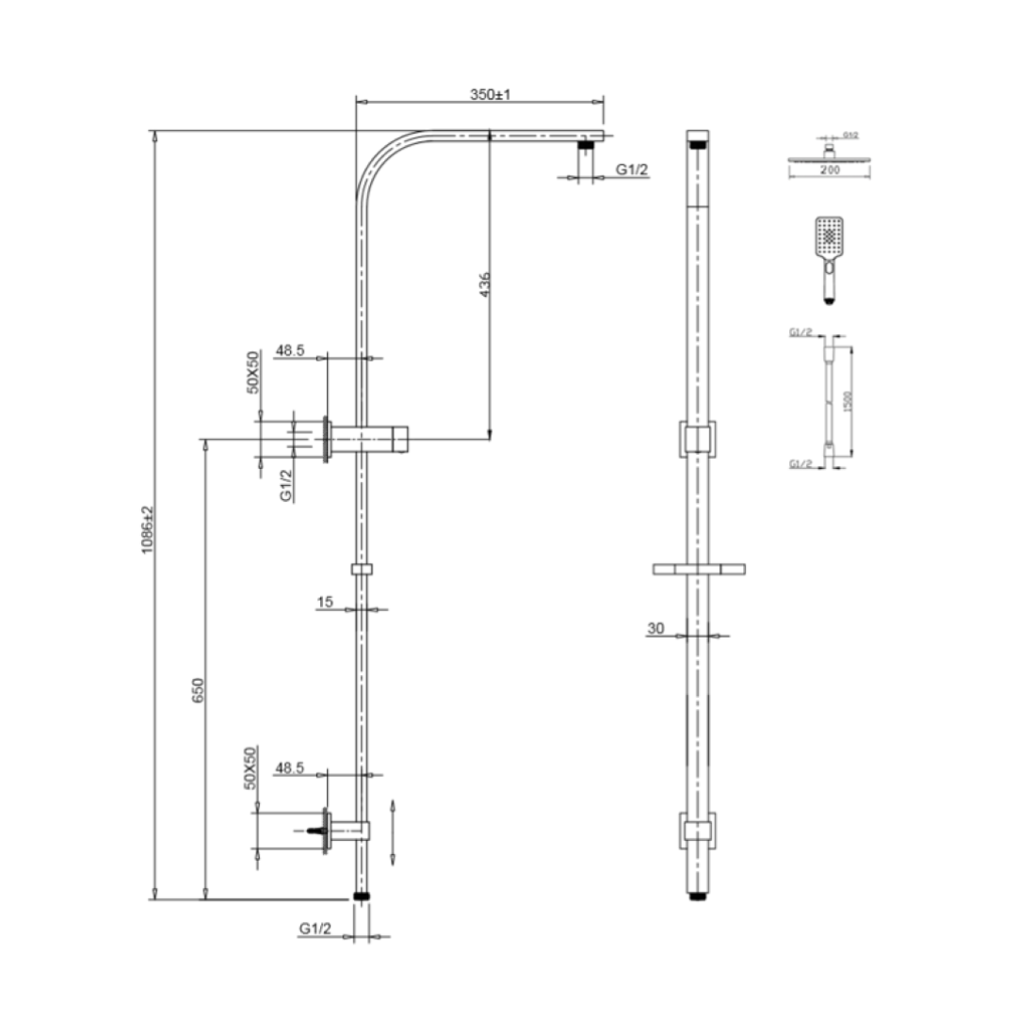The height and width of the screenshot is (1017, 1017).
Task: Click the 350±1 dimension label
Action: [x=490, y=95]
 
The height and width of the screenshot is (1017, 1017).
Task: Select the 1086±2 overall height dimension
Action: [x=146, y=529]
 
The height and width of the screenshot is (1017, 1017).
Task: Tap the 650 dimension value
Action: [x=197, y=689]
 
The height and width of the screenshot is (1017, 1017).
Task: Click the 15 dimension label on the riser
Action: [x=325, y=601]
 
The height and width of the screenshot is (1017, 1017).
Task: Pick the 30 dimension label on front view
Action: [x=655, y=627]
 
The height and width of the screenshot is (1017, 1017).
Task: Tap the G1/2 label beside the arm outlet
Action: [x=632, y=169]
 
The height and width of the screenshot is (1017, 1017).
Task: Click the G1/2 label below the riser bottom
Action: [x=315, y=928]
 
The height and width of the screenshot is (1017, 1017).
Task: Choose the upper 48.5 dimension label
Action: [x=289, y=350]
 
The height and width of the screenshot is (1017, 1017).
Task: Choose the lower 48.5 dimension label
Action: [x=288, y=767]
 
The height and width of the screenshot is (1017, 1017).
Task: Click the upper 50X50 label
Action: [x=252, y=372]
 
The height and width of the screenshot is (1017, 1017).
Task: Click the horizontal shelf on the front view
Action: [x=698, y=568]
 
